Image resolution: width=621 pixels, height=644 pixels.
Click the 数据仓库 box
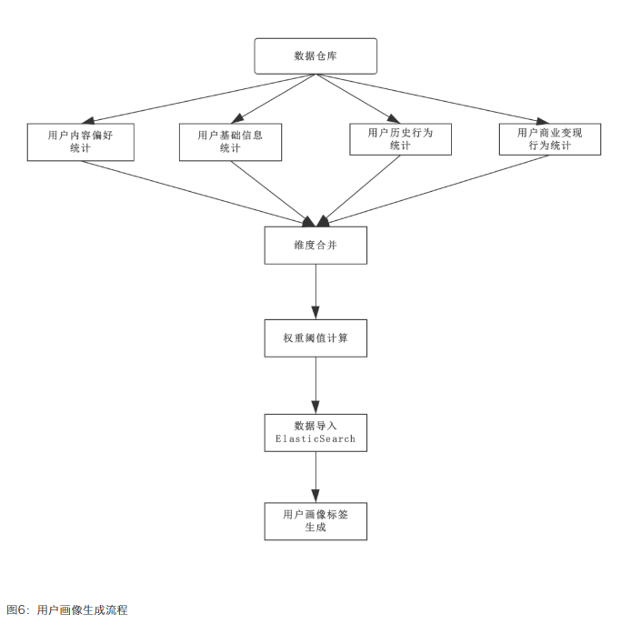click(316, 55)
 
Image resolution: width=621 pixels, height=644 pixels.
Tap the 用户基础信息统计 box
click(230, 141)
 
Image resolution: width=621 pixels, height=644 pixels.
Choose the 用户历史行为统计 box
click(400, 139)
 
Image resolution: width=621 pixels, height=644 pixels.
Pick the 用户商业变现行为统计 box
click(549, 139)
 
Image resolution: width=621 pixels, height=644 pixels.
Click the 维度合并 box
click(316, 245)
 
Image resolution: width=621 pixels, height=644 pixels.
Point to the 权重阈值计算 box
click(316, 337)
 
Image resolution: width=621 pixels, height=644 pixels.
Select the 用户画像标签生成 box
click(316, 521)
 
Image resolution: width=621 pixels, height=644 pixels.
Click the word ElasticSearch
click(316, 439)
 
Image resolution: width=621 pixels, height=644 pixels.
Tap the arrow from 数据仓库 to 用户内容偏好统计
click(200, 97)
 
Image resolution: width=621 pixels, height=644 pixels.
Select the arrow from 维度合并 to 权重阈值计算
click(316, 291)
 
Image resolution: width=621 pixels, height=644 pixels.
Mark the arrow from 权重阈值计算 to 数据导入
click(316, 385)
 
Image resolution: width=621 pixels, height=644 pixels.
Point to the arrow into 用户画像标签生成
click(316, 477)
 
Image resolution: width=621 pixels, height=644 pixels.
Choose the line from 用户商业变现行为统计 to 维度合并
click(436, 189)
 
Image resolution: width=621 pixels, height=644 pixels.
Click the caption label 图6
click(17, 610)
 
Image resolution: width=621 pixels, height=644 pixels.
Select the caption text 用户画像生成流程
click(83, 610)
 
